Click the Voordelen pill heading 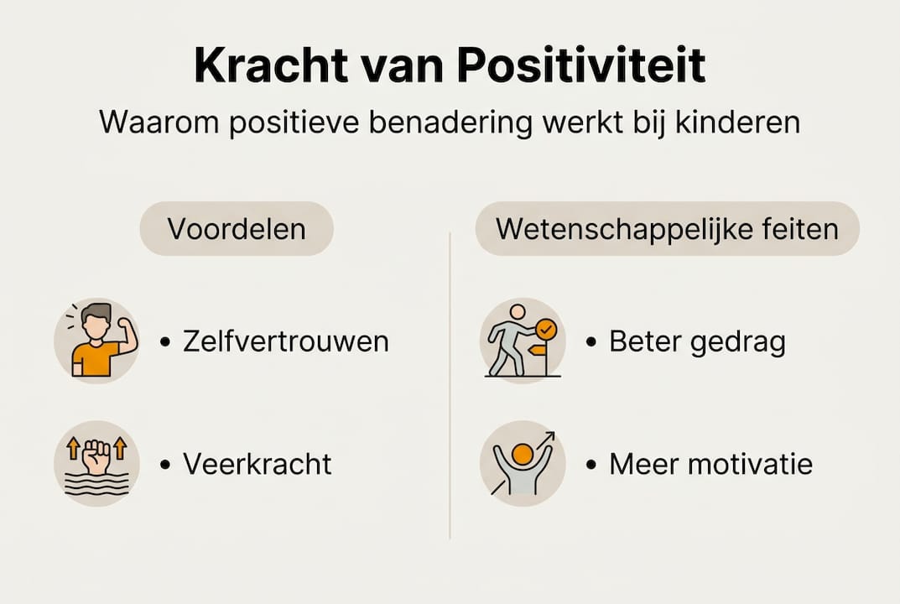pos(237,229)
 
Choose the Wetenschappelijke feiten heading pos(667,229)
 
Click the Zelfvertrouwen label pos(285,341)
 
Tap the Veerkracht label pos(258,464)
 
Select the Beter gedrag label pos(697,342)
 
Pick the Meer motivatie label pos(710,464)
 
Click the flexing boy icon pos(96,341)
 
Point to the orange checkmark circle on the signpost pos(546,328)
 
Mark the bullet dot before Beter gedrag pos(591,342)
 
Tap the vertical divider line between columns pos(450,386)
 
